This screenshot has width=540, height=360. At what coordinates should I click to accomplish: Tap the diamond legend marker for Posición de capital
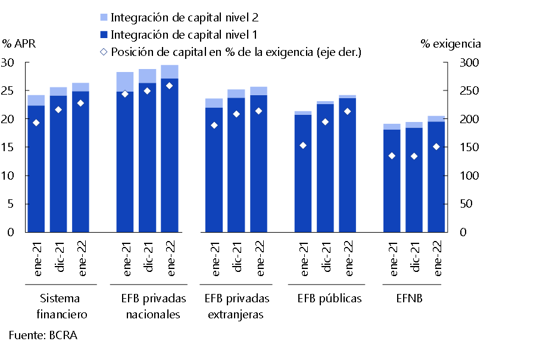pos(104,52)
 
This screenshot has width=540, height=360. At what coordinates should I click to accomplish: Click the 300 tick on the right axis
pos(467,63)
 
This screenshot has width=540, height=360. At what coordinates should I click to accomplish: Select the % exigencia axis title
pos(451,43)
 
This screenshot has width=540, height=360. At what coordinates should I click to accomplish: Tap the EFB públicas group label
pos(329,298)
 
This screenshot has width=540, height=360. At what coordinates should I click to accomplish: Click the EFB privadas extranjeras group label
pos(236,306)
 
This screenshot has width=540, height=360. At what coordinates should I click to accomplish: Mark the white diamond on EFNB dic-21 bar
pos(414,156)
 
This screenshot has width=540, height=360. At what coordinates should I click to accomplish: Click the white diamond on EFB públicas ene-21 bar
pos(303,145)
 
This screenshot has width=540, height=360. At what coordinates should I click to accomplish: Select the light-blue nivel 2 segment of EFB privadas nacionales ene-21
pos(125,82)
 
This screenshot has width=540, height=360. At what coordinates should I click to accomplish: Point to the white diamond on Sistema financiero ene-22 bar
pos(81,103)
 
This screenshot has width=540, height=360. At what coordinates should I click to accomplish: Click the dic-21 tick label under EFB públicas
pos(326,257)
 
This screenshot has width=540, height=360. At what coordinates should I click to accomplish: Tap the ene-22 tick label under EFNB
pos(436,257)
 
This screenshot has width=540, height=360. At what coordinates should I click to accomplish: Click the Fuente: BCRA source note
pos(43,335)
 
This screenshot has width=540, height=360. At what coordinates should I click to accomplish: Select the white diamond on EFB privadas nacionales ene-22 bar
pos(170,86)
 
